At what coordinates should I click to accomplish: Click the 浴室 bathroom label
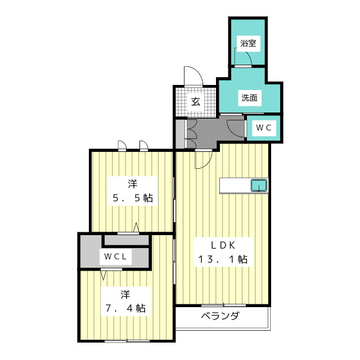[x=246, y=43]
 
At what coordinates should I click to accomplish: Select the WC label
[x=264, y=128]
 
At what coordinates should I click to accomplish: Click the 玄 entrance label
[x=195, y=102]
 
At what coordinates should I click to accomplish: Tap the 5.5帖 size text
[x=132, y=198]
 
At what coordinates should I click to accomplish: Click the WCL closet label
[x=116, y=258]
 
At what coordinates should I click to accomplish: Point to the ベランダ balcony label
[x=220, y=316]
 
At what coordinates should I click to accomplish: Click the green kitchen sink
[x=259, y=185]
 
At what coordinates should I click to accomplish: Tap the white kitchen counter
[x=236, y=186]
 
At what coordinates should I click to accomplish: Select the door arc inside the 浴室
[x=242, y=58]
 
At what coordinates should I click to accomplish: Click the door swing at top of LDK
[x=202, y=159]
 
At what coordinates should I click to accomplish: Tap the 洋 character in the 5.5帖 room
[x=132, y=183]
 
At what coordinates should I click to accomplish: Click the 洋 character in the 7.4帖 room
[x=125, y=294]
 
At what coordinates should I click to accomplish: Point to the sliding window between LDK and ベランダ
[x=217, y=305]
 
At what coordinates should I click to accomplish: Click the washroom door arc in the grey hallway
[x=234, y=125]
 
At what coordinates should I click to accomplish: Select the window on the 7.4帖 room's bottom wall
[x=127, y=341]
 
